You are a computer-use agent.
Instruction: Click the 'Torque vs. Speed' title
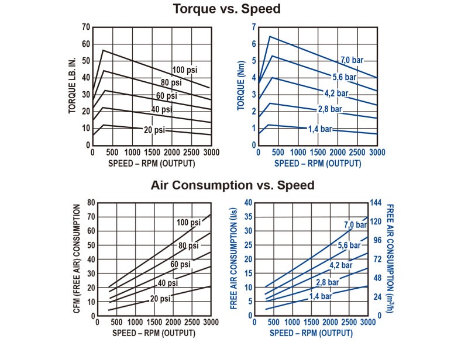(x=226, y=9)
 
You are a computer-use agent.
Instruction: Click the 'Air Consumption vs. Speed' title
(x=232, y=185)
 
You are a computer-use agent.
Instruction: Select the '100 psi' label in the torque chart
(x=184, y=70)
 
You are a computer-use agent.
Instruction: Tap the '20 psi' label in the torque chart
(x=154, y=130)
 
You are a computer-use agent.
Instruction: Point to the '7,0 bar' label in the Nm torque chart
(x=353, y=60)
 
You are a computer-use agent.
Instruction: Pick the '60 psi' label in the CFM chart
(x=180, y=265)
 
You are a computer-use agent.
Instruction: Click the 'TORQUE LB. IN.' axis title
(x=73, y=85)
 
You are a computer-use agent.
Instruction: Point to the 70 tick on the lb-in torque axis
(x=86, y=27)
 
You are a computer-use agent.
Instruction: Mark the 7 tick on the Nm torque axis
(x=254, y=27)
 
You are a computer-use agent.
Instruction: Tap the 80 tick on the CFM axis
(x=91, y=203)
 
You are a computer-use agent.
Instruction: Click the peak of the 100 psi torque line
(x=103, y=50)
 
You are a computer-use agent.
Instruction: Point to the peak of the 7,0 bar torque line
(x=270, y=36)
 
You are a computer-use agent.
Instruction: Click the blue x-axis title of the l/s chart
(x=311, y=333)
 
